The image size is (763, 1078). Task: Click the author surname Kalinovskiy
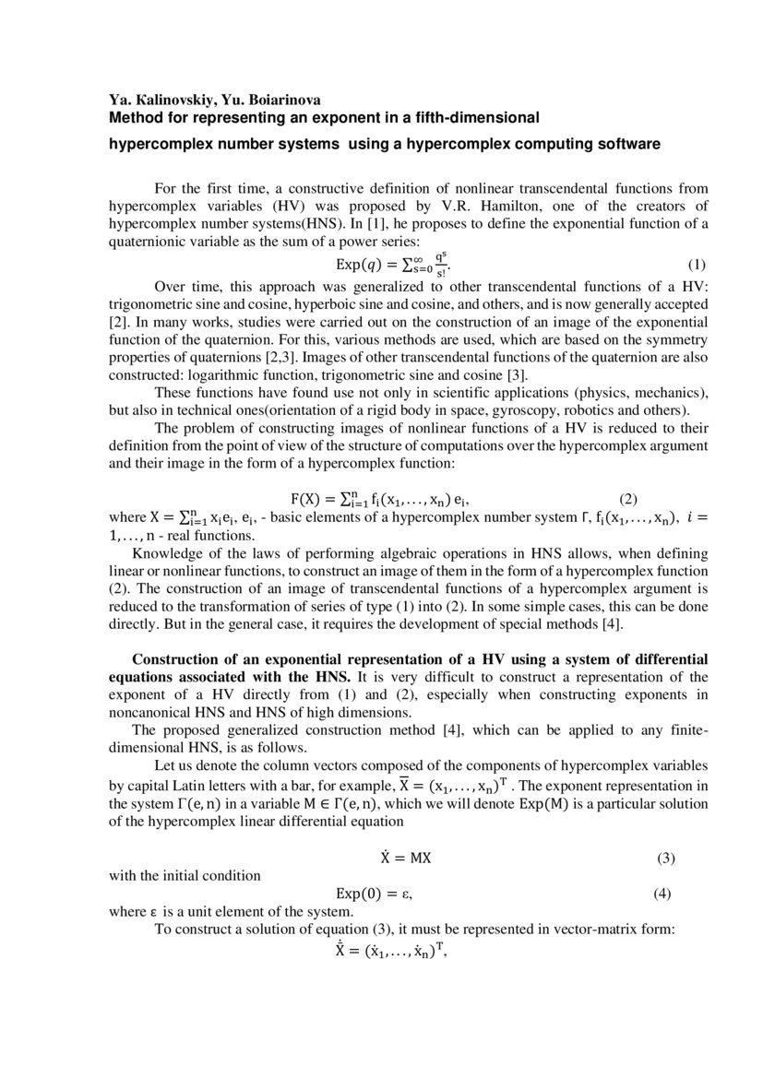pyautogui.click(x=165, y=101)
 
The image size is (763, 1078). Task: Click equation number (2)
pyautogui.click(x=628, y=499)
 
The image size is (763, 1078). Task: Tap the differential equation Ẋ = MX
pyautogui.click(x=407, y=858)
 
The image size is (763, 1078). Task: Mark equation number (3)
pyautogui.click(x=666, y=858)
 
